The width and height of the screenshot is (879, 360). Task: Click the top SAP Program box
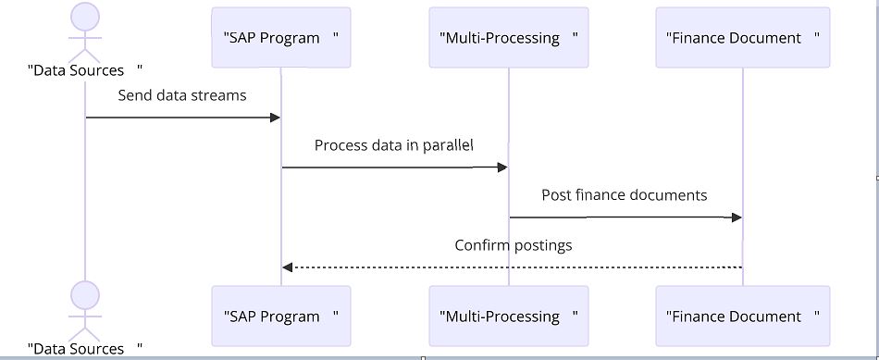tap(281, 38)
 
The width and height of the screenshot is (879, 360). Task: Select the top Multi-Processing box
tap(509, 38)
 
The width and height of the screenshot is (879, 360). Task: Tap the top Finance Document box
tap(743, 38)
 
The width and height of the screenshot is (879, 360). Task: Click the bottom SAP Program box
tap(281, 317)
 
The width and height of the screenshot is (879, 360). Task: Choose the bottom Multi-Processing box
tap(509, 317)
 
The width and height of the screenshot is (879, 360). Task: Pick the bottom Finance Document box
tap(743, 317)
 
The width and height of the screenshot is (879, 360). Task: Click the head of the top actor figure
tap(85, 16)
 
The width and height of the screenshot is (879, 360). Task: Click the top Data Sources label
tap(85, 70)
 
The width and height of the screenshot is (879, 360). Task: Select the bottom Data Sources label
tap(85, 349)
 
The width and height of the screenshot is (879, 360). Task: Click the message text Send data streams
tap(182, 95)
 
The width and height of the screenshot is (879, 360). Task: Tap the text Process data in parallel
tap(394, 145)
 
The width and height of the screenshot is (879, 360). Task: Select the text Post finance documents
tap(625, 195)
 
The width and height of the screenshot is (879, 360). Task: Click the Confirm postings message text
tap(514, 245)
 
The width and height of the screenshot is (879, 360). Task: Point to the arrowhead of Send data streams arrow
tap(275, 118)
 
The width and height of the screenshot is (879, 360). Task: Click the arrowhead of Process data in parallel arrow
tap(502, 168)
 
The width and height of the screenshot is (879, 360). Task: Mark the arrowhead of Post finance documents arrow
tap(737, 217)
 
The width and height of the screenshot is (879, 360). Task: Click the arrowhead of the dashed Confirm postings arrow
tap(288, 267)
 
